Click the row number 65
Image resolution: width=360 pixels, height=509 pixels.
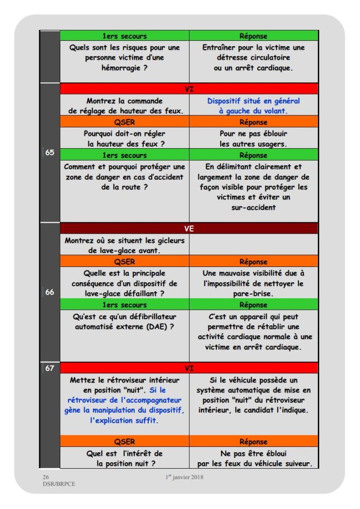[x=50, y=153]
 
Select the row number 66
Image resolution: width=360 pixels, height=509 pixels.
[x=50, y=292]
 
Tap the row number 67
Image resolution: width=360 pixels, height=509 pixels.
[x=50, y=369]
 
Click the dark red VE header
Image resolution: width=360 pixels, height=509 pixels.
[x=189, y=229]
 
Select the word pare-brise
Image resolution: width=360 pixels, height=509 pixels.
[x=254, y=294]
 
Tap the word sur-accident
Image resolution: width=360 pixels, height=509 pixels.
[x=254, y=207]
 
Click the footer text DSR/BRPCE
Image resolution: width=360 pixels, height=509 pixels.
[x=59, y=484]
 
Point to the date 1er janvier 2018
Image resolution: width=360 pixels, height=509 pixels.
[x=184, y=478]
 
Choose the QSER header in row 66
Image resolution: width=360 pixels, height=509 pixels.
[x=124, y=261]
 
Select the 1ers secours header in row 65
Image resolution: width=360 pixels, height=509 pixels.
[x=124, y=155]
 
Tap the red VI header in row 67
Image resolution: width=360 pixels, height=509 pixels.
[x=189, y=368]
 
